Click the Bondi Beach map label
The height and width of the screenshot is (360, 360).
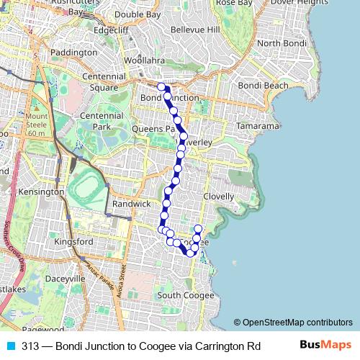click(x=263, y=86)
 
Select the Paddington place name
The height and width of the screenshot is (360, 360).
click(x=73, y=53)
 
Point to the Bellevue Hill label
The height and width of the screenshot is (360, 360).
click(x=195, y=30)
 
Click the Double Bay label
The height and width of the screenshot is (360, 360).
click(x=138, y=14)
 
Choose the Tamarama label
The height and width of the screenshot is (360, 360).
click(x=257, y=126)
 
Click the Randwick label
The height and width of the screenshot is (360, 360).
click(x=132, y=204)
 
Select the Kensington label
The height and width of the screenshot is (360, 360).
click(x=42, y=193)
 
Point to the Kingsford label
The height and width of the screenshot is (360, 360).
click(x=74, y=242)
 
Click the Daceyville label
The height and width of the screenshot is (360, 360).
click(x=66, y=279)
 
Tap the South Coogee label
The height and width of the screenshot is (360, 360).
click(x=186, y=296)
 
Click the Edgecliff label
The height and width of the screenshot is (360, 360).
click(x=109, y=31)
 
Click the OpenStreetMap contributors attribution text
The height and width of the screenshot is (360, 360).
click(x=293, y=323)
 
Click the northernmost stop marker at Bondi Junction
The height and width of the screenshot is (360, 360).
click(x=162, y=86)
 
